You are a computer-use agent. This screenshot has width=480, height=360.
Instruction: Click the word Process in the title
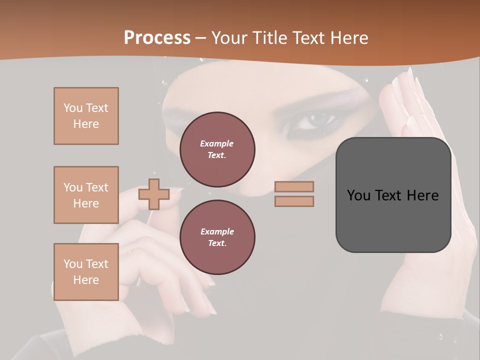point(157,38)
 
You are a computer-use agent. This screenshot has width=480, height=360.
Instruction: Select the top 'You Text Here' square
point(86,116)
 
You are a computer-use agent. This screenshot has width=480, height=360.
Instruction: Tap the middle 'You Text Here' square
point(86,195)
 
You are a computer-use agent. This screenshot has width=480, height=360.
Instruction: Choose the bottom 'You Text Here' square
point(86,272)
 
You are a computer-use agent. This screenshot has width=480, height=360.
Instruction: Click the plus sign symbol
point(153,194)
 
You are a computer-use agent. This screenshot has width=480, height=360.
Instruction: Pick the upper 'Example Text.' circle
point(217,149)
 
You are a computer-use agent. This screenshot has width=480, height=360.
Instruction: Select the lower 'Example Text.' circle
point(217,237)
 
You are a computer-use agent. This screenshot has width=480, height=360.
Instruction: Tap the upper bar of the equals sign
point(294,186)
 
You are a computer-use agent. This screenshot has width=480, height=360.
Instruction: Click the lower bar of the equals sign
point(294,201)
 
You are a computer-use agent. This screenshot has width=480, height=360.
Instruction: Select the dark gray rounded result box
point(393,195)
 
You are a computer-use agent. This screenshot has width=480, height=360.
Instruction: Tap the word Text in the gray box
point(389,195)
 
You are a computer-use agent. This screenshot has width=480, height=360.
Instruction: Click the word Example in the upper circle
point(217,144)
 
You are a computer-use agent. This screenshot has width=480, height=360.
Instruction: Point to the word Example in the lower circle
point(217,232)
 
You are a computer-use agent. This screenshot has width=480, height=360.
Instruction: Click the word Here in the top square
point(86,124)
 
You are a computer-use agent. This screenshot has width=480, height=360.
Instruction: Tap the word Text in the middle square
point(97,187)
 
